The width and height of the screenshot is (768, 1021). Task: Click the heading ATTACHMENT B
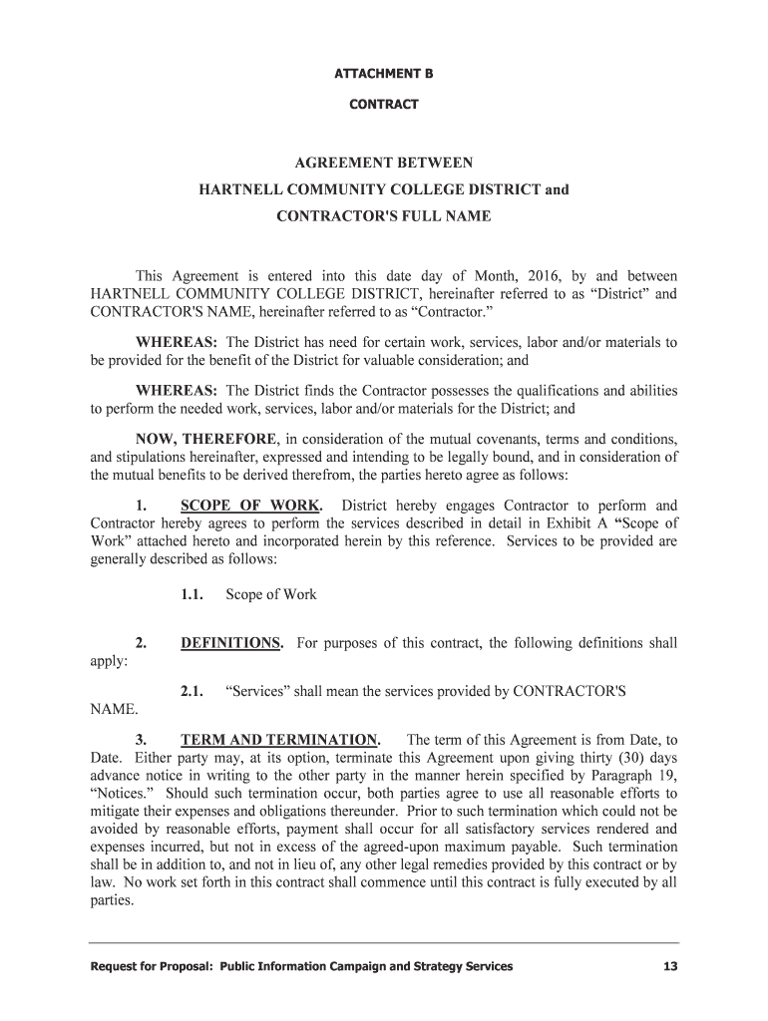[x=384, y=74]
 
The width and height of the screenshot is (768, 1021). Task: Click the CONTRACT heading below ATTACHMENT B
[x=384, y=104]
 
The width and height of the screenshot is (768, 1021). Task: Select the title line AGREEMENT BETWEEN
[x=383, y=163]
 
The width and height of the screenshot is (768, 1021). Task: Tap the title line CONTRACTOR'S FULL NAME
[x=383, y=215]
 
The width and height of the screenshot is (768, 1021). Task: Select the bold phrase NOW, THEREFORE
[x=206, y=439]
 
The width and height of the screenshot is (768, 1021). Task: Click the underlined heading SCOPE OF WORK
[x=251, y=505]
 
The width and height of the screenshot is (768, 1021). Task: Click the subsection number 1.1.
[x=192, y=595]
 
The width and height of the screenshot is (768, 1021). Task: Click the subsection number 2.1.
[x=192, y=691]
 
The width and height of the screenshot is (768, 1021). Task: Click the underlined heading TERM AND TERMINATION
[x=280, y=740]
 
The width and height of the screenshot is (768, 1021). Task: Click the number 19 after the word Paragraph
[x=668, y=777]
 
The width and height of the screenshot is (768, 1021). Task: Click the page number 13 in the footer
[x=669, y=966]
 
